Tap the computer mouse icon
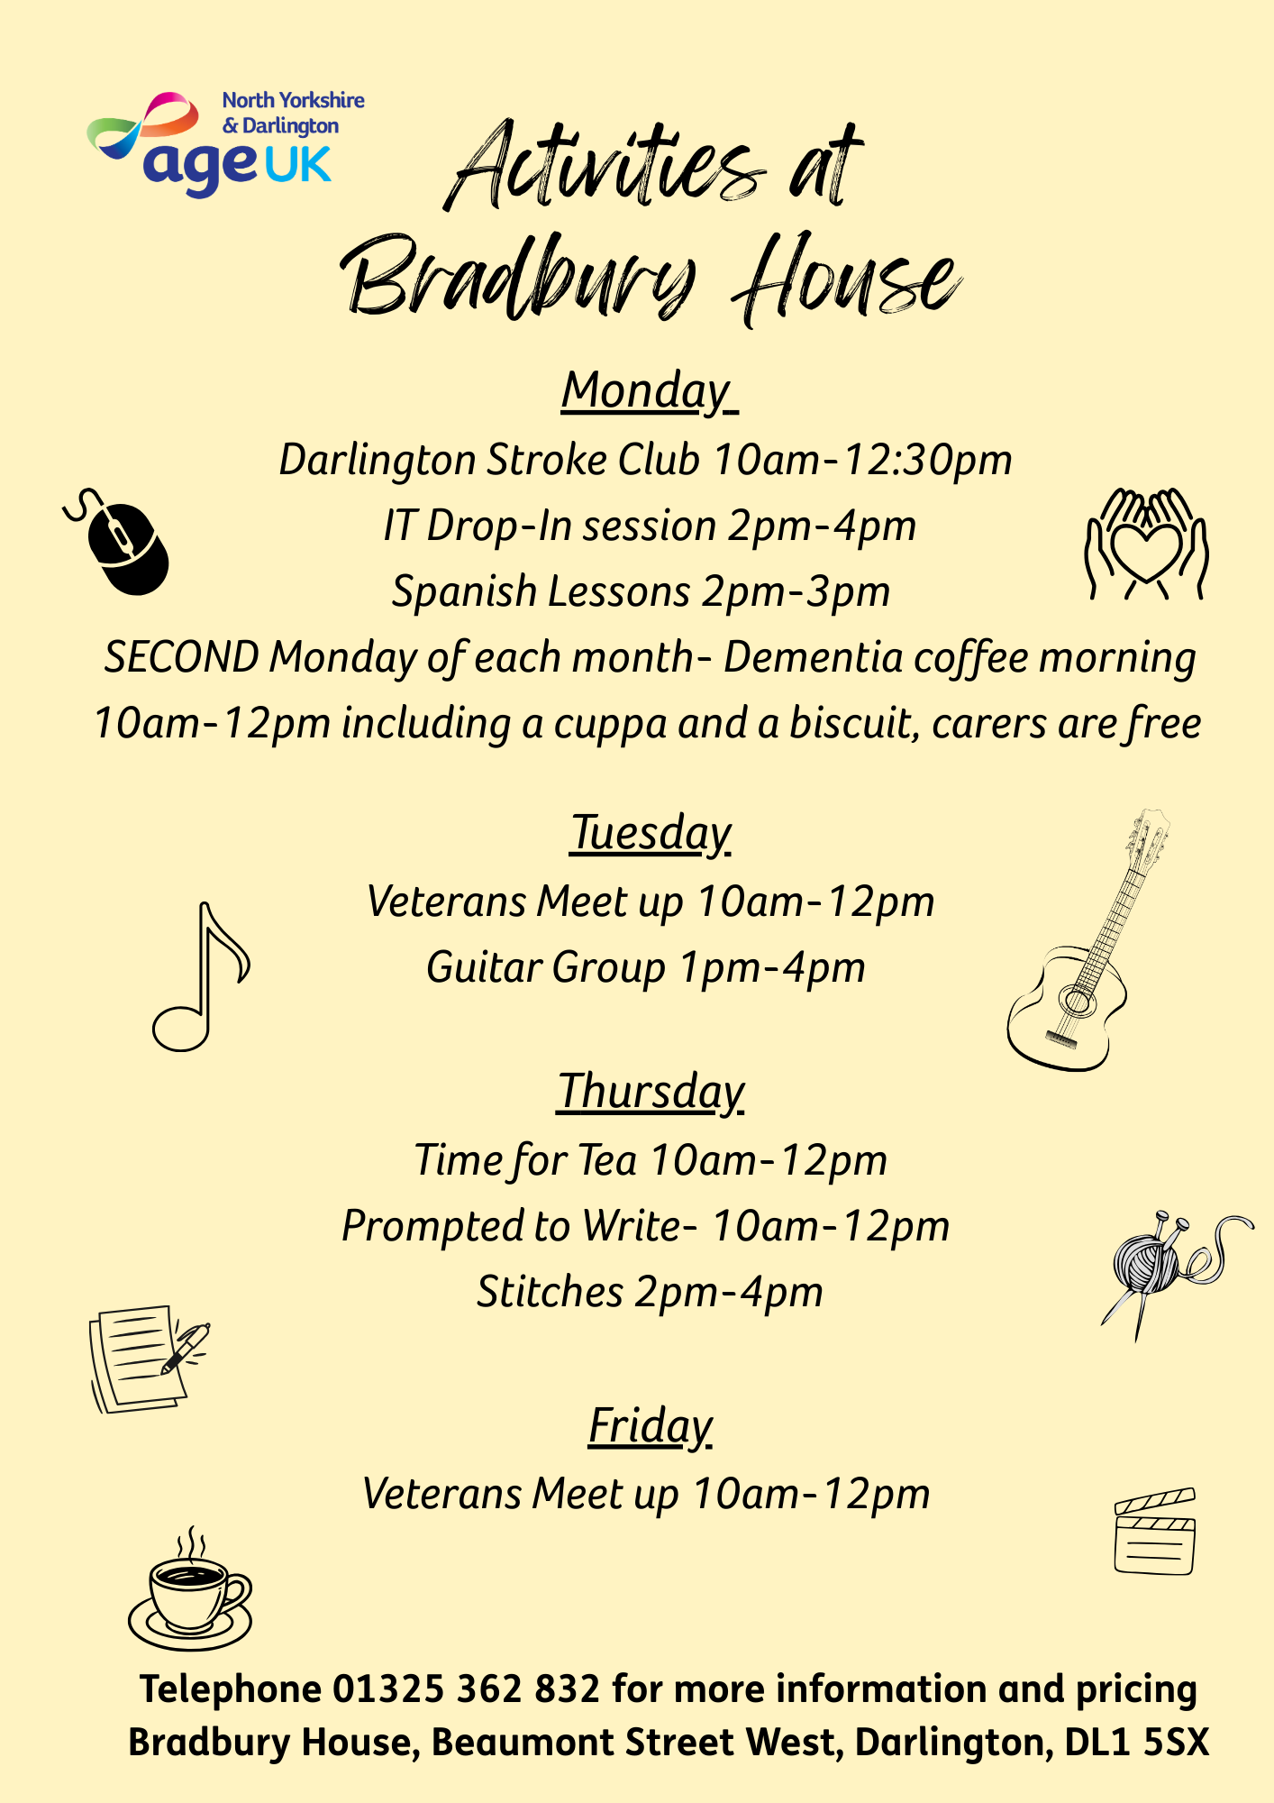(x=122, y=544)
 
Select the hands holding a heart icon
(x=1145, y=544)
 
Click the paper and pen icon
(x=147, y=1359)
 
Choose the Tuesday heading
(x=651, y=833)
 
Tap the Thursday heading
(x=651, y=1092)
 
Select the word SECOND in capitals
(x=181, y=657)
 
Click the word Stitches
(x=550, y=1292)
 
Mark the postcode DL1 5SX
(x=1136, y=1743)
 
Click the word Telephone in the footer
(x=231, y=1689)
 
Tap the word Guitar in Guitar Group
(x=483, y=967)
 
